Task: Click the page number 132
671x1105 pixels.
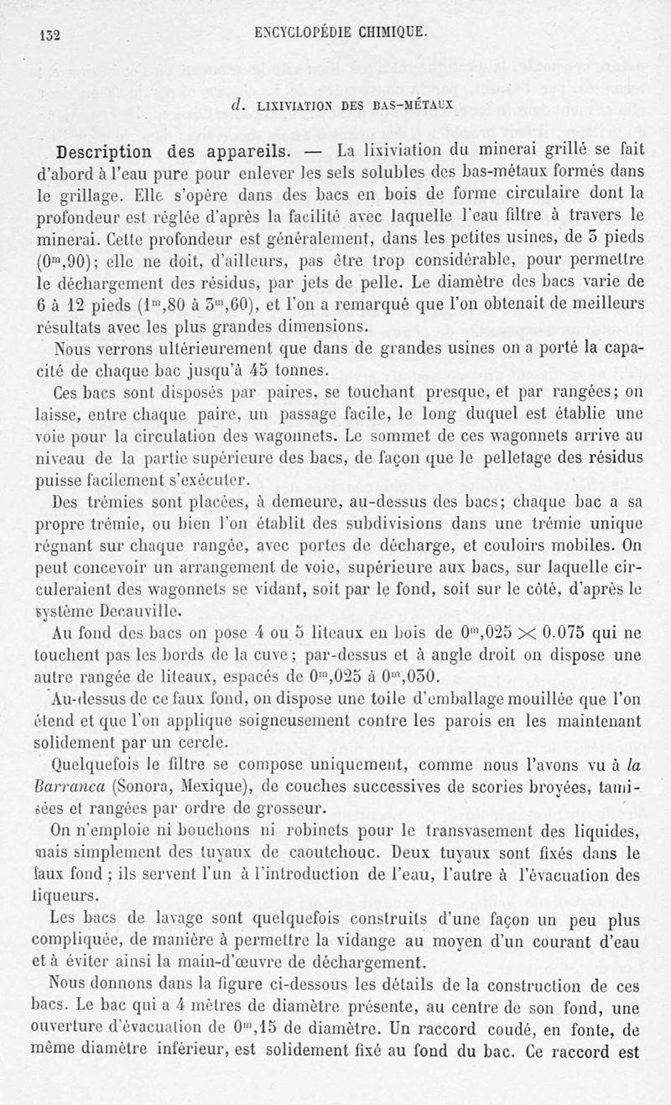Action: (x=52, y=36)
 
